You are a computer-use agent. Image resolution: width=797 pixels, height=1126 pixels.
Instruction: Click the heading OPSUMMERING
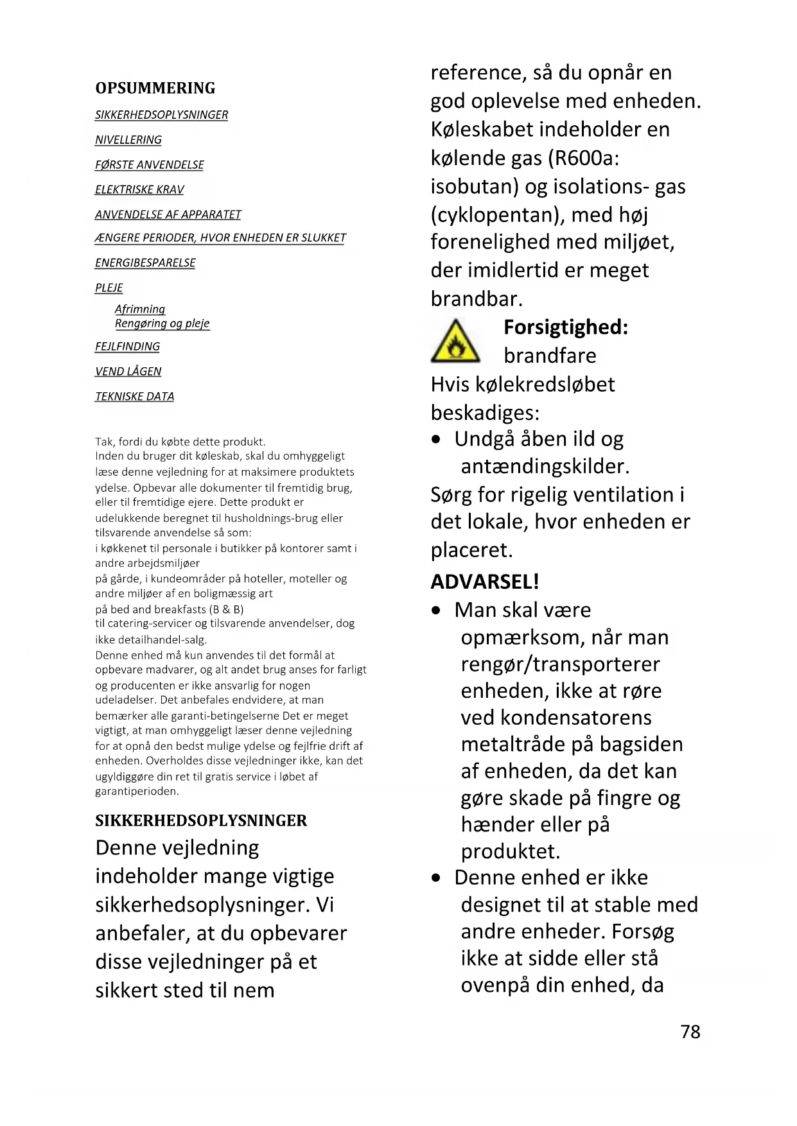pos(155,88)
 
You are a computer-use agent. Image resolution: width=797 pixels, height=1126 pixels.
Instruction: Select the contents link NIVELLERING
pos(128,140)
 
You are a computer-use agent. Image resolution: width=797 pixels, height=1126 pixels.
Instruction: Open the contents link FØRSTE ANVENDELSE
pos(149,165)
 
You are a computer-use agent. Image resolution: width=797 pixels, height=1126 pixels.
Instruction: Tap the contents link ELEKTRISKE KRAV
pos(139,190)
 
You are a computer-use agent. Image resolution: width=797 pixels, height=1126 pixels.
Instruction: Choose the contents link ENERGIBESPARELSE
pos(145,263)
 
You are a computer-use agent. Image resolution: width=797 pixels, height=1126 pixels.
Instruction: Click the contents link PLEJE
pos(109,288)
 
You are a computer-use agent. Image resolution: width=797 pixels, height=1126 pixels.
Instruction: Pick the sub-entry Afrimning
pos(140,309)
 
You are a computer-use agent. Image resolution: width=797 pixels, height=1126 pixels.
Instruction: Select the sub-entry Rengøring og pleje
pos(162,324)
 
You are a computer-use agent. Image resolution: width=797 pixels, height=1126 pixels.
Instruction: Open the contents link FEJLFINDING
pos(127,347)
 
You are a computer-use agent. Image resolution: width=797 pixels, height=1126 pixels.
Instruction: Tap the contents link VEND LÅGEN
pos(128,372)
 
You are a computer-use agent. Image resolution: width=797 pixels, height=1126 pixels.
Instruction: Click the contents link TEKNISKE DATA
pos(134,397)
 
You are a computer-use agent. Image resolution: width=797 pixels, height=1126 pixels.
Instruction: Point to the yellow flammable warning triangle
pos(455,342)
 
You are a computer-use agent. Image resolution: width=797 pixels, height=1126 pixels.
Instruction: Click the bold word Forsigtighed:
pos(565,327)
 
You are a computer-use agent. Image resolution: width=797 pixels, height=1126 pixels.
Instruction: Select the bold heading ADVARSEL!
pos(484,582)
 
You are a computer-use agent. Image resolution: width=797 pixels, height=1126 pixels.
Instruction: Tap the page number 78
pos(690,1032)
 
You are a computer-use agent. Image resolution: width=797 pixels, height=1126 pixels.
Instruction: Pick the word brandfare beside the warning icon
pos(550,356)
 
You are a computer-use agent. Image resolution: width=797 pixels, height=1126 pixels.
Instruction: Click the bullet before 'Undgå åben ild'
pos(437,440)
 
